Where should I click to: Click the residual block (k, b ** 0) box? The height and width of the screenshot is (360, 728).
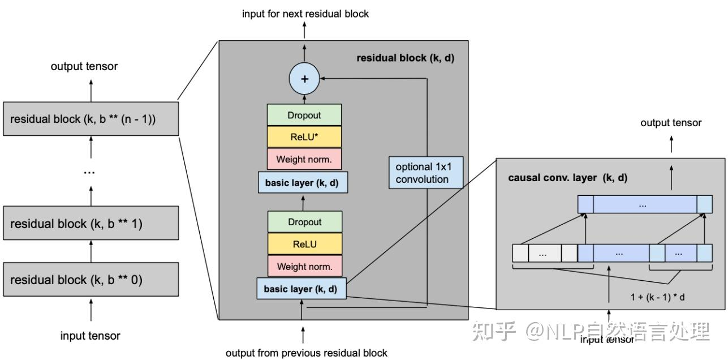(91, 280)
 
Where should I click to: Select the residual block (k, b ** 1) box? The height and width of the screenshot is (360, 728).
(91, 224)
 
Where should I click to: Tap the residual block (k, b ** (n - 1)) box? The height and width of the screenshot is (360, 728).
(91, 119)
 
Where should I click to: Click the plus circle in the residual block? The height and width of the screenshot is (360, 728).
(304, 79)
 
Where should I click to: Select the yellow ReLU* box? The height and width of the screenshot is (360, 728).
(304, 137)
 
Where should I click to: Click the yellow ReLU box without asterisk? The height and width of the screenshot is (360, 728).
(304, 245)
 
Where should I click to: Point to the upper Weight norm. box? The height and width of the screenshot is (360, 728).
(304, 160)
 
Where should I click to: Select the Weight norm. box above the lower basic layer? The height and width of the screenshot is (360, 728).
(304, 267)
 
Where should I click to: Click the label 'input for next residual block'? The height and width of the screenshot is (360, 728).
(305, 14)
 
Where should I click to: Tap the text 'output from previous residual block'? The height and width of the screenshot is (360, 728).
(306, 353)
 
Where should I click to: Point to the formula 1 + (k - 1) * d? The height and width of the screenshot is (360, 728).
(658, 297)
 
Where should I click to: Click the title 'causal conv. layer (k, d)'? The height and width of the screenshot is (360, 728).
(567, 178)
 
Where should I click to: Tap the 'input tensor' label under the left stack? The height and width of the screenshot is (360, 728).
(90, 336)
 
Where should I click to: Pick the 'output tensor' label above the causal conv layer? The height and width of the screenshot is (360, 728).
(671, 123)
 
